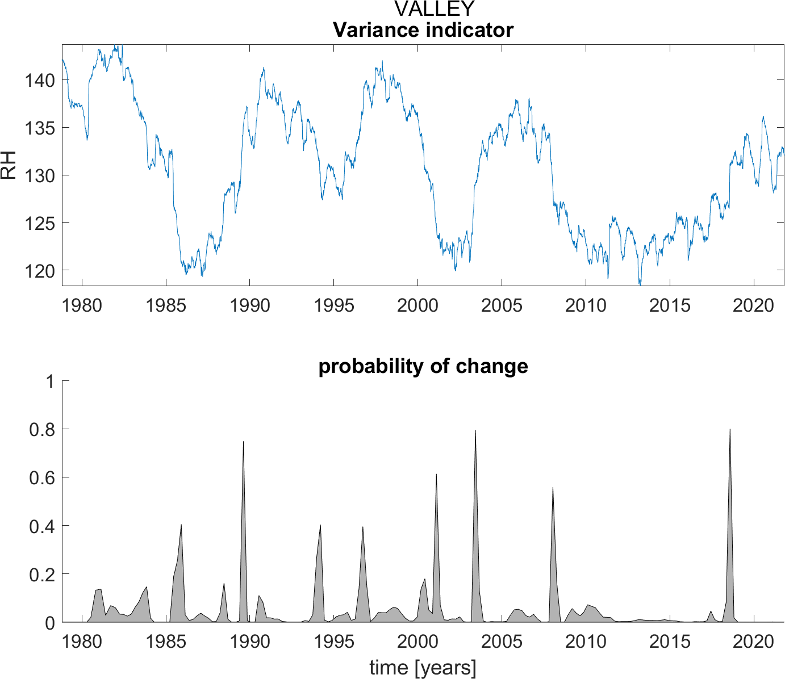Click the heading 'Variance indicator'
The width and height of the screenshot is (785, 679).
[x=423, y=30]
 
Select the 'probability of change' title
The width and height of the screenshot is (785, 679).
[x=423, y=366]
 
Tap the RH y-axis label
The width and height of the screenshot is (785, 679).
[x=9, y=165]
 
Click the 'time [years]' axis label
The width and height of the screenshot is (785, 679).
[x=423, y=668]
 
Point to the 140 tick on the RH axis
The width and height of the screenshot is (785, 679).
[x=39, y=81]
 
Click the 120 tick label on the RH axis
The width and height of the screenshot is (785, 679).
[x=39, y=270]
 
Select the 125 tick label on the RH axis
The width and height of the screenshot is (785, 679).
[x=39, y=223]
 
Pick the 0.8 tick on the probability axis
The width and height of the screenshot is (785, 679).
[x=41, y=430]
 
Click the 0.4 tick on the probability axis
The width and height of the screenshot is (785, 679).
[x=41, y=526]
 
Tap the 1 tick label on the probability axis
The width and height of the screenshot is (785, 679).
[x=50, y=382]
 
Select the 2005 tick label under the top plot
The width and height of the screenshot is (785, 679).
[x=501, y=305]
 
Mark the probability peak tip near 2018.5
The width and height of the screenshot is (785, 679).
[x=730, y=430]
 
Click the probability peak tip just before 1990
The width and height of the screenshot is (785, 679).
[x=243, y=442]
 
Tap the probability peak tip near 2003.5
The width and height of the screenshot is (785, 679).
[x=475, y=431]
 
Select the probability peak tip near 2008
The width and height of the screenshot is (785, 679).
[x=553, y=488]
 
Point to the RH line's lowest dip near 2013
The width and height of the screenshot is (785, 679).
[x=640, y=283]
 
